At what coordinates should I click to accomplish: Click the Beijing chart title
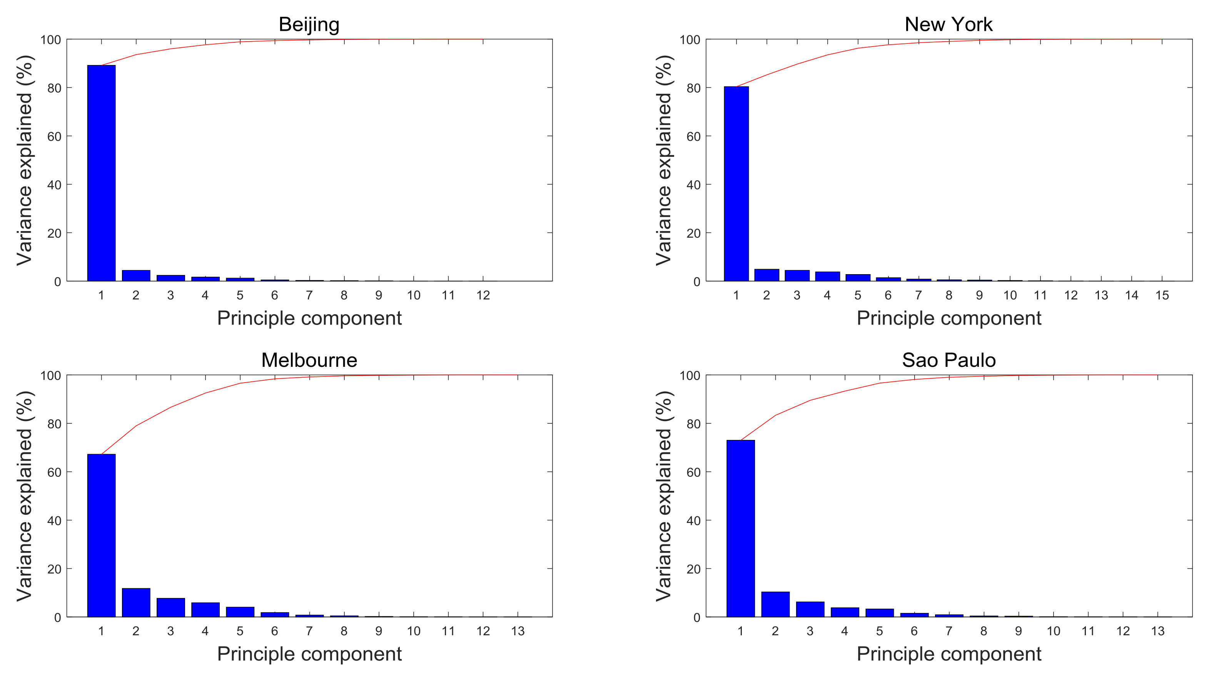point(309,25)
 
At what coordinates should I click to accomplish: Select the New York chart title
point(948,25)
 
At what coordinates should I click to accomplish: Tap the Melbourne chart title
point(309,360)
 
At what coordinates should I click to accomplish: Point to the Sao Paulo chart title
point(948,360)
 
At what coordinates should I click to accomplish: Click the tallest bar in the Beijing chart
point(101,173)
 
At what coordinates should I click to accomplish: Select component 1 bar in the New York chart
point(736,183)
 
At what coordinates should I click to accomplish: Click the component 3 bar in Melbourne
point(171,608)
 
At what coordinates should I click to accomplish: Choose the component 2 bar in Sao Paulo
point(775,604)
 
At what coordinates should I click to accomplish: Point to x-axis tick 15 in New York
point(1162,295)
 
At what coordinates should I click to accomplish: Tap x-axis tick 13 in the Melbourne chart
point(518,631)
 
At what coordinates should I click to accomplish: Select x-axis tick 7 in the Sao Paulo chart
point(949,631)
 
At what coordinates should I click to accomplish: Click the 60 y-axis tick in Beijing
point(54,137)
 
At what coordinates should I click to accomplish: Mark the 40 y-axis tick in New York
point(693,185)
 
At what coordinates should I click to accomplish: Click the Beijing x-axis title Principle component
point(309,318)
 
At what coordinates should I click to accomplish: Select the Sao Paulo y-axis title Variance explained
point(663,496)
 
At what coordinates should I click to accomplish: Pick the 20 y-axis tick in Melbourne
point(54,569)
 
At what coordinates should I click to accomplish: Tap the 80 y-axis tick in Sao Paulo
point(693,424)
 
